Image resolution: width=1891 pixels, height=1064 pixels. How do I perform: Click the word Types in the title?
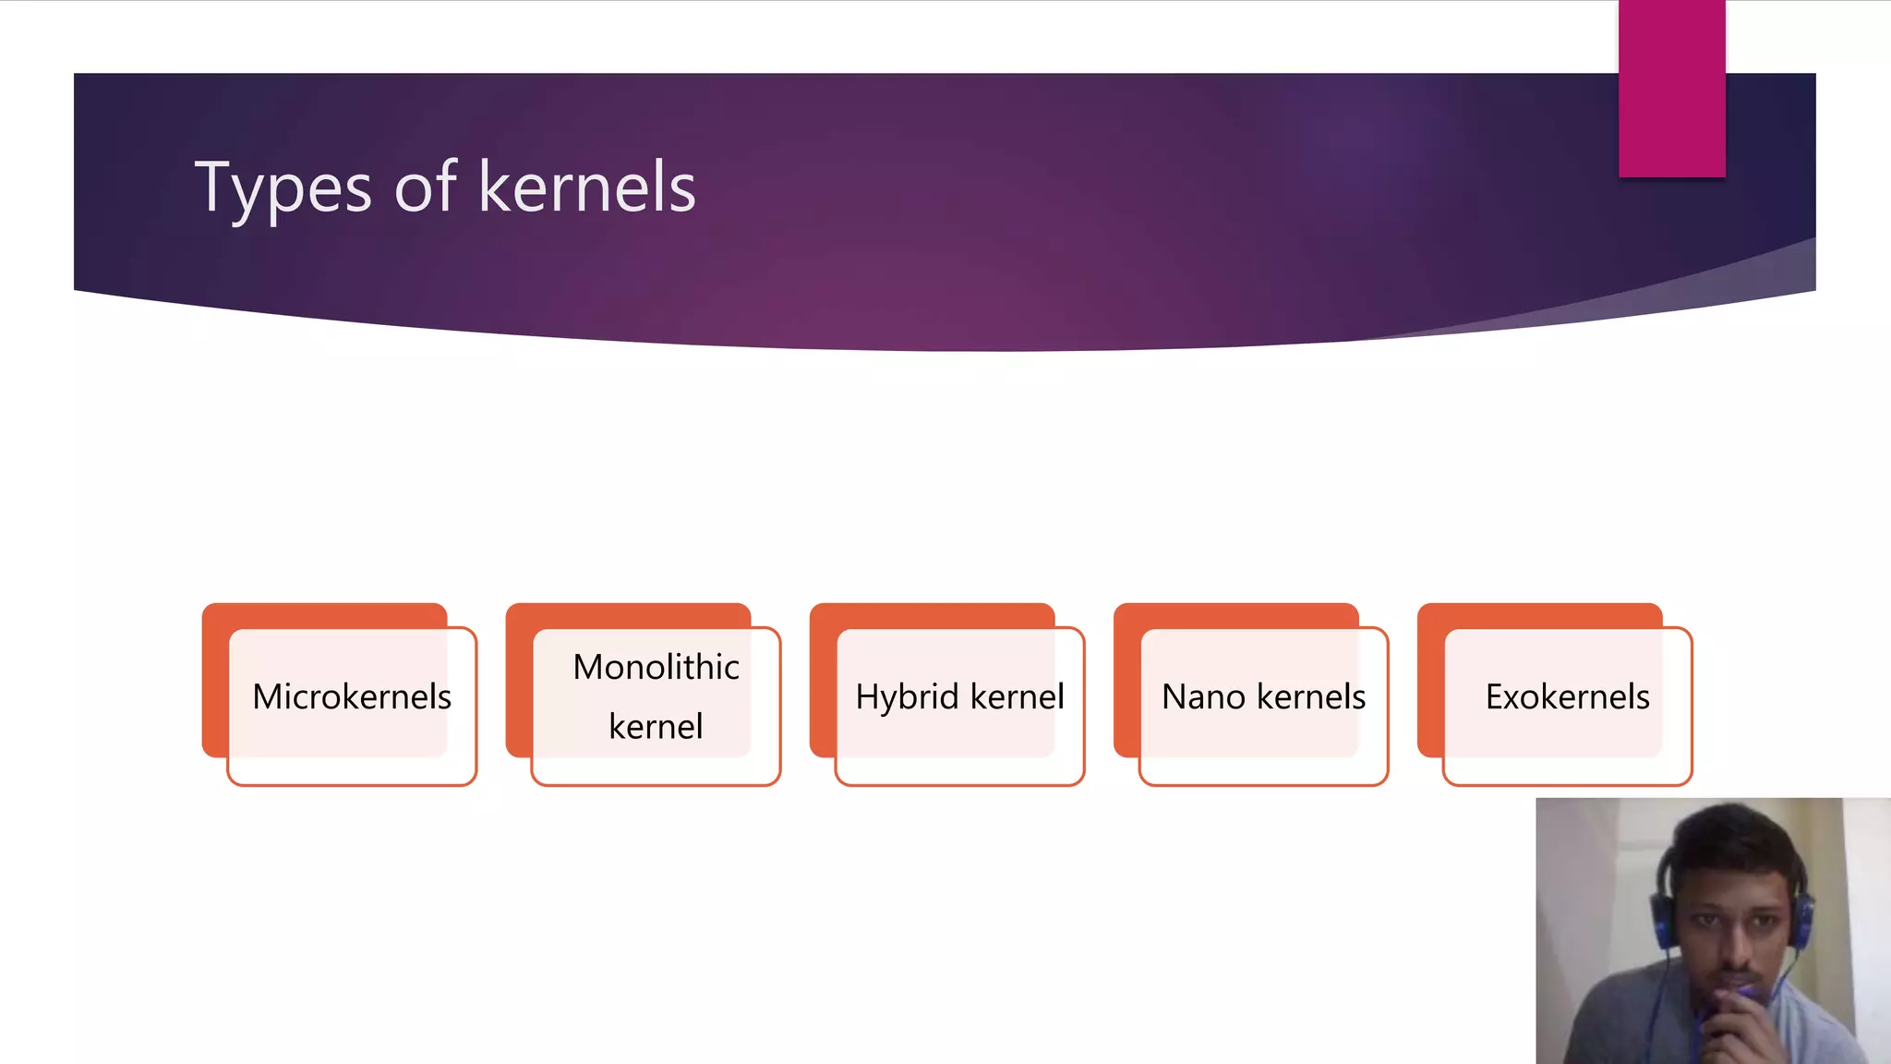click(x=283, y=187)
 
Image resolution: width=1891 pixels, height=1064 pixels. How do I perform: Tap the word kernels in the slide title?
click(x=587, y=187)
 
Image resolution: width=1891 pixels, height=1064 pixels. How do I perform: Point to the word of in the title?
click(x=426, y=187)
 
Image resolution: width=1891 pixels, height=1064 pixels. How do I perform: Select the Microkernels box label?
click(x=352, y=696)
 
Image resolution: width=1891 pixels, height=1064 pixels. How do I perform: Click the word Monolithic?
click(x=656, y=667)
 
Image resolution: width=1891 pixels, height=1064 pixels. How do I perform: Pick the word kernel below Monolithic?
click(x=656, y=727)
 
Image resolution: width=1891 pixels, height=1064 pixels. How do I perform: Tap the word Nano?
click(x=1203, y=696)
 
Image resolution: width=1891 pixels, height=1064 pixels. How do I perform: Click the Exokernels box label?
click(x=1567, y=696)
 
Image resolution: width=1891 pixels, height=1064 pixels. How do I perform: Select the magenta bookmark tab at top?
click(x=1671, y=88)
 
